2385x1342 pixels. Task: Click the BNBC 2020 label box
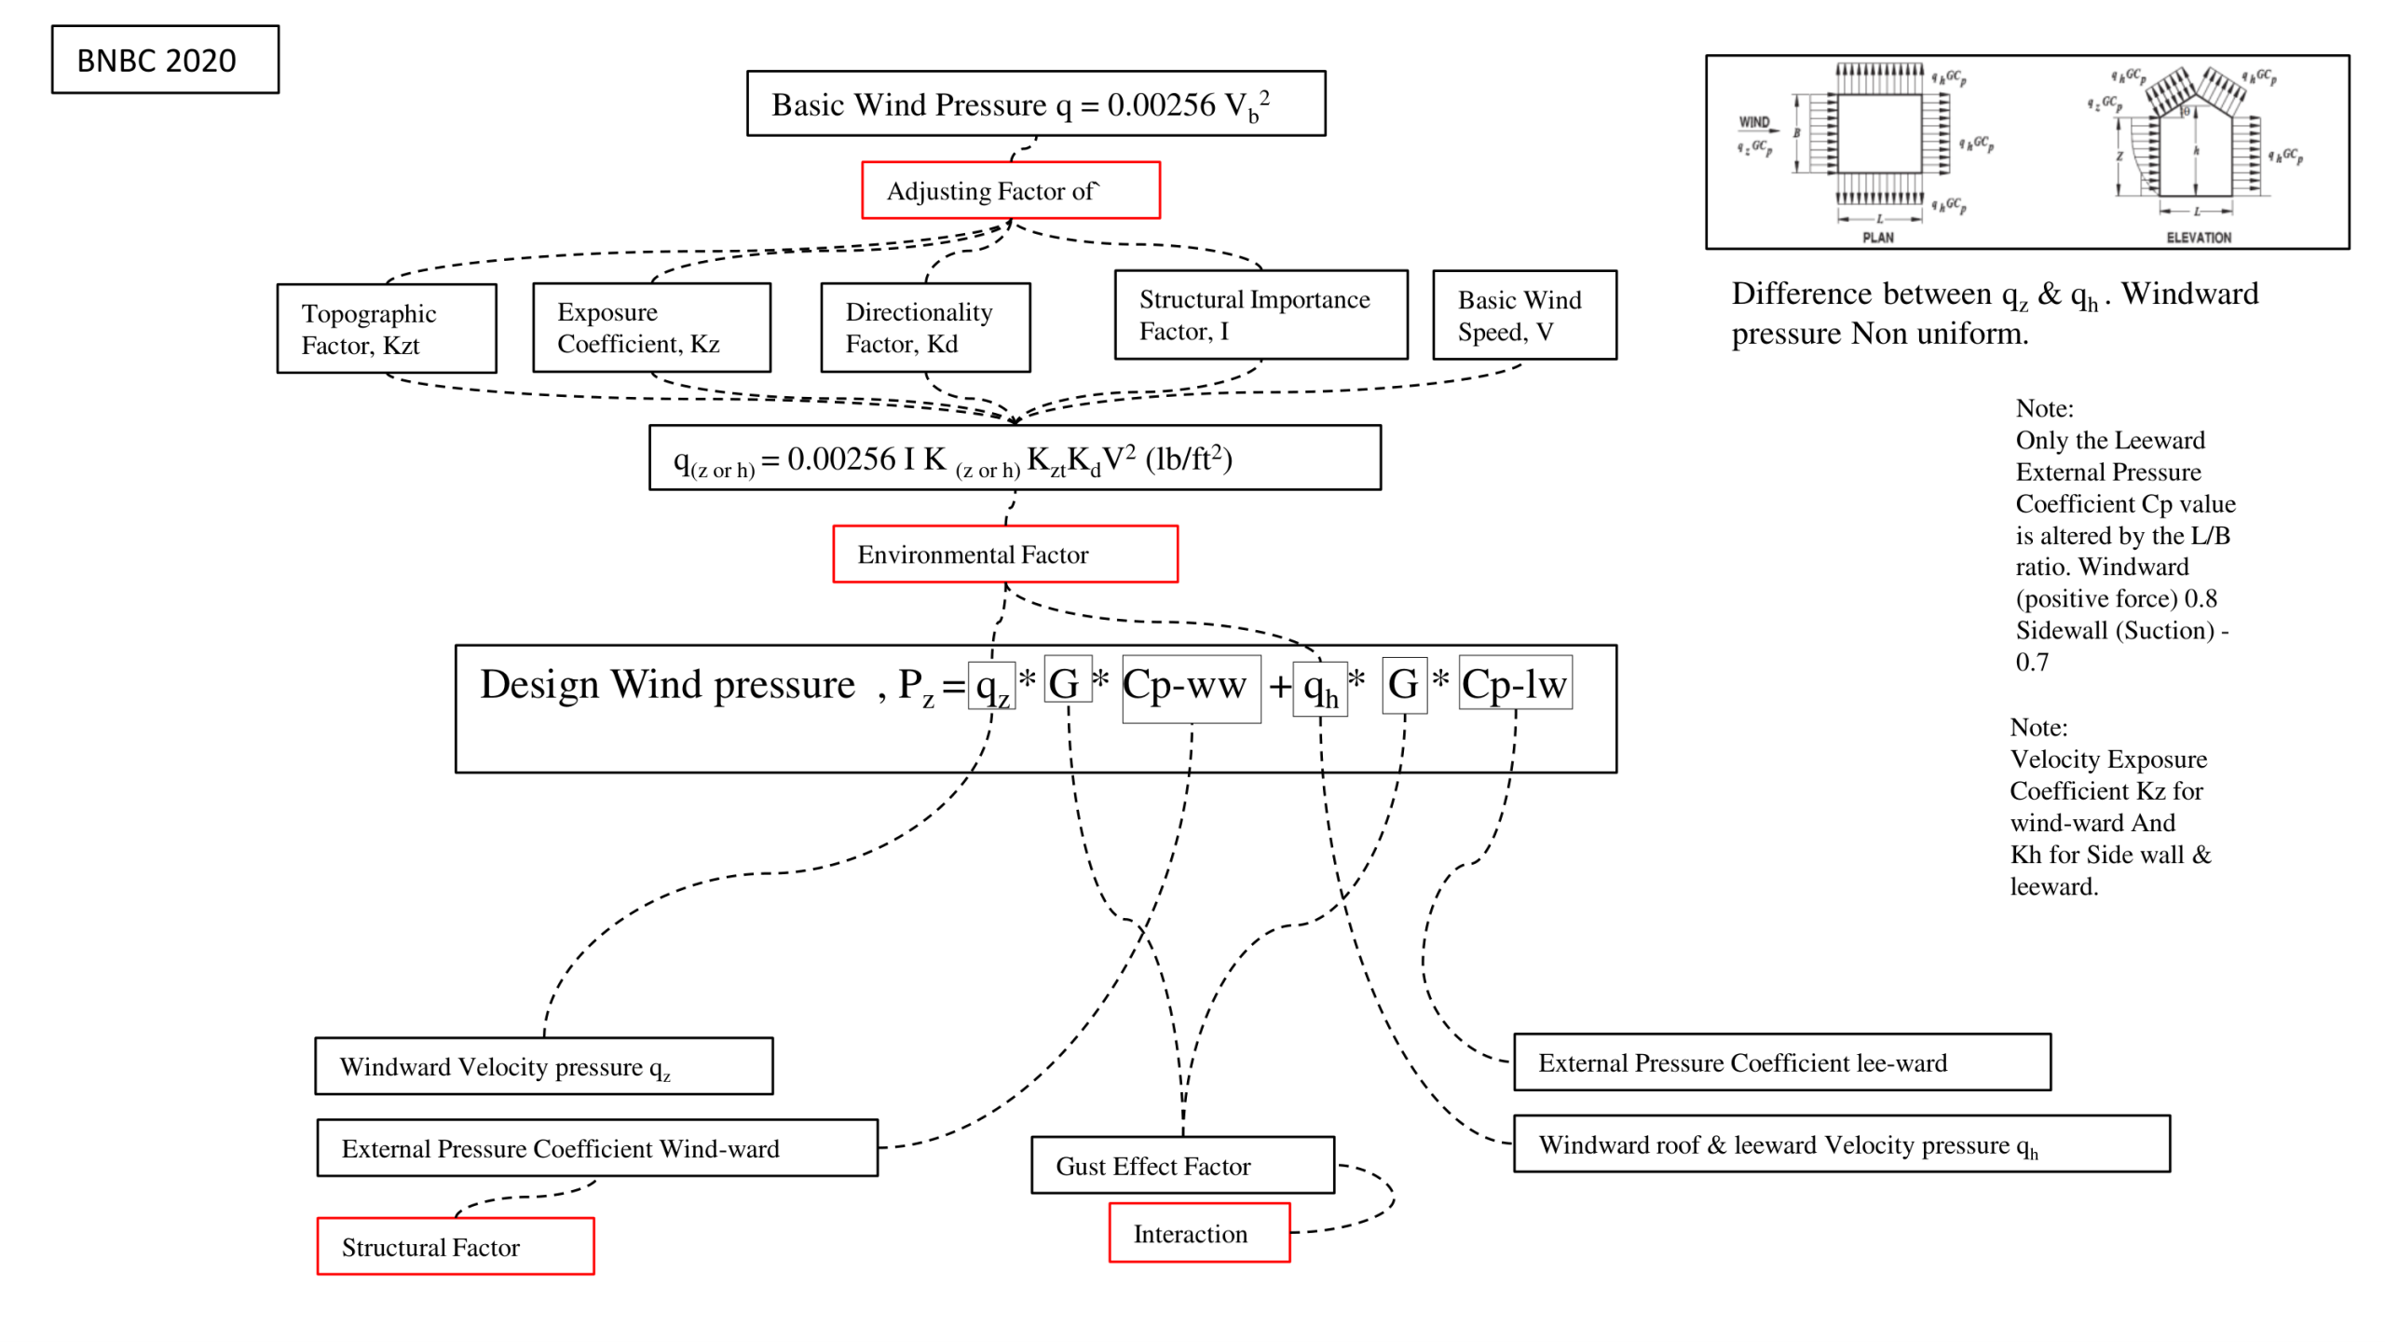pyautogui.click(x=165, y=60)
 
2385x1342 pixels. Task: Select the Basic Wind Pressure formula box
pyautogui.click(x=1035, y=103)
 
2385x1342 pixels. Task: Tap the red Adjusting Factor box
pyautogui.click(x=1010, y=190)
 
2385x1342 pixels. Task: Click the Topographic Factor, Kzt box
pyautogui.click(x=387, y=328)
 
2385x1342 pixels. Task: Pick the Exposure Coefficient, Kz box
pyautogui.click(x=651, y=327)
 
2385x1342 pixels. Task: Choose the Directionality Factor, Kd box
pyautogui.click(x=925, y=327)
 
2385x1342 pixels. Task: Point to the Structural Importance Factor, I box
pyautogui.click(x=1260, y=315)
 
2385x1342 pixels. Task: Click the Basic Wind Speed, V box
pyautogui.click(x=1523, y=315)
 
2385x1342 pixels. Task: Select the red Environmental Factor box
pyautogui.click(x=1004, y=554)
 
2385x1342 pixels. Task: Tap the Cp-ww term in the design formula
pyautogui.click(x=1190, y=688)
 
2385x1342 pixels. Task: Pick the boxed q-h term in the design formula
pyautogui.click(x=1319, y=690)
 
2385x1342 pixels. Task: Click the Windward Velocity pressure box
pyautogui.click(x=543, y=1065)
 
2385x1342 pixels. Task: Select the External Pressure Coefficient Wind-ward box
pyautogui.click(x=596, y=1147)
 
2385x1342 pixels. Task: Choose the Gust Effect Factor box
pyautogui.click(x=1181, y=1164)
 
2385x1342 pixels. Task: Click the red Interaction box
pyautogui.click(x=1198, y=1232)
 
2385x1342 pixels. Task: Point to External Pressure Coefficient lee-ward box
pyautogui.click(x=1780, y=1061)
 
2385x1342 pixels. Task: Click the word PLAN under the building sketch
pyautogui.click(x=1877, y=238)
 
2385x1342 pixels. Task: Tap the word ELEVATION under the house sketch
pyautogui.click(x=2198, y=238)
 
